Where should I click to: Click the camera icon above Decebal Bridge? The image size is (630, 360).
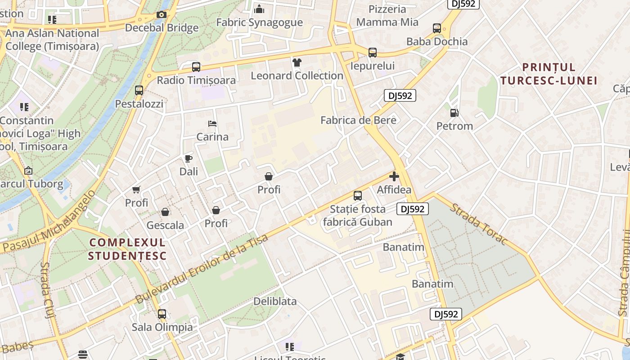point(162,14)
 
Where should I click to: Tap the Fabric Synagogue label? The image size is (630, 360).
point(259,22)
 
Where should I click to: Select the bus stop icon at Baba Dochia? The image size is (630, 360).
point(437,28)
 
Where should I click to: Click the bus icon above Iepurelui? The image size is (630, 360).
point(373,53)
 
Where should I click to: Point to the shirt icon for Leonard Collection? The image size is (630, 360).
point(297,63)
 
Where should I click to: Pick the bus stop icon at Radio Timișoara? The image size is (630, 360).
point(196,67)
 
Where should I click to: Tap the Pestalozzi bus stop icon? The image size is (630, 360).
point(139,90)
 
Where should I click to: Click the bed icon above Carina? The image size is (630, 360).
point(212,124)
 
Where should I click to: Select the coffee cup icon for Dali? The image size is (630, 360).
point(189,158)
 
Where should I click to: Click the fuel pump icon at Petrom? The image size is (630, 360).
point(454,113)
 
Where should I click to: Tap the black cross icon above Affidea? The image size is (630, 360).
point(394,176)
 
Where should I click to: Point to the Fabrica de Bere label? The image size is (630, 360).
point(358,120)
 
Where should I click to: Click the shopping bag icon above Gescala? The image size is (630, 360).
point(165,212)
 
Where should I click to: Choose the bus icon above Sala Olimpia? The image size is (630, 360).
point(162,314)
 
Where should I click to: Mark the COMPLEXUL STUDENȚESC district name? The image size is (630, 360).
point(127,249)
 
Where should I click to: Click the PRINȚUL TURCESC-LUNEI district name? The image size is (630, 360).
point(549,74)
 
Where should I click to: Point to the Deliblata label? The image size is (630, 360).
point(275,301)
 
